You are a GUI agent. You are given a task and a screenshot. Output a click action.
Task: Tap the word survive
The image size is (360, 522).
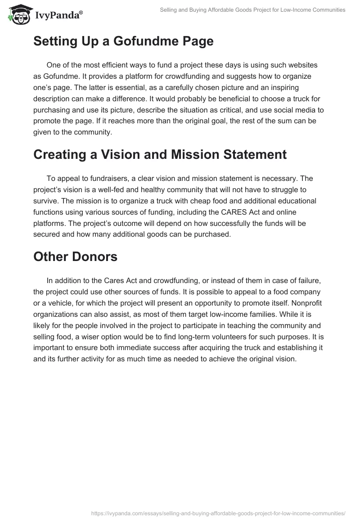45,200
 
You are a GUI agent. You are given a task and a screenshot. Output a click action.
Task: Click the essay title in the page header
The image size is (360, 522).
252,9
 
